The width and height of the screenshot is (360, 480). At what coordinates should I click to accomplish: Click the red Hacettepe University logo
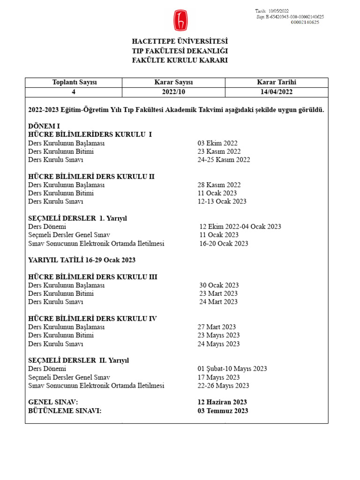180,20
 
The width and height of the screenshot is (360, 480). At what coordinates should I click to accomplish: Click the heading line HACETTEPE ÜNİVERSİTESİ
180,42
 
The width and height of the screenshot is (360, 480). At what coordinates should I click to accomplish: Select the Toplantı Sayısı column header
74,82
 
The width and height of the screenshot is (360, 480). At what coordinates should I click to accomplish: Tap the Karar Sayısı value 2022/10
173,92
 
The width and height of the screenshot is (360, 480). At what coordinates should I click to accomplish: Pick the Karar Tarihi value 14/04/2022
277,92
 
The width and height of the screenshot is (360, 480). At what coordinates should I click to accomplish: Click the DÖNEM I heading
45,126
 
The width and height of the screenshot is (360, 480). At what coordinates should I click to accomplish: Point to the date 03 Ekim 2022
217,143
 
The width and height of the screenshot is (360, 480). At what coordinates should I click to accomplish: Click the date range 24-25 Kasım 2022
224,160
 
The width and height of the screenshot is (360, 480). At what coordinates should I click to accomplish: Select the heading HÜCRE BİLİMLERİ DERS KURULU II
91,176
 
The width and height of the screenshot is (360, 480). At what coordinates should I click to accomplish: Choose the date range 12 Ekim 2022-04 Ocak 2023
240,226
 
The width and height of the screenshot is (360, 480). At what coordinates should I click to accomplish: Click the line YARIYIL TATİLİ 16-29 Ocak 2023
82,260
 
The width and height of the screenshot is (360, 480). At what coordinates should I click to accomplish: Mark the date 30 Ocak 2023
219,285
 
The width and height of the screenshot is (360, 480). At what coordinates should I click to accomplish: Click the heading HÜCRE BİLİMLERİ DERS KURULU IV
92,318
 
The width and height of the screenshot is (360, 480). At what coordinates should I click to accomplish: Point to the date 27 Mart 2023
217,327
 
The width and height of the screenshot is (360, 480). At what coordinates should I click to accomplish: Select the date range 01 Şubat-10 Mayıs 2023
232,369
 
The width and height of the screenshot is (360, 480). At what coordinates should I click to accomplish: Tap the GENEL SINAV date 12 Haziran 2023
222,402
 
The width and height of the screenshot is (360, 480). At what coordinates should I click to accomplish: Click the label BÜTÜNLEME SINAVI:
65,411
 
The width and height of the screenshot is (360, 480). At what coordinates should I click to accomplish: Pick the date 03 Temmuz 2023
223,411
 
